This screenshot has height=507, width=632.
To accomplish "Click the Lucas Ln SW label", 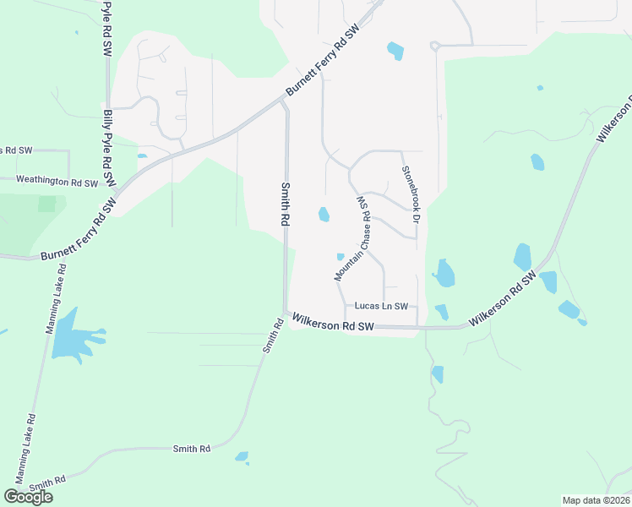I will (381, 306).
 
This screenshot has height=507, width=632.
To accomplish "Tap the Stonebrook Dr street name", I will (411, 194).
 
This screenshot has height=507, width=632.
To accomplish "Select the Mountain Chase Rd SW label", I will (354, 239).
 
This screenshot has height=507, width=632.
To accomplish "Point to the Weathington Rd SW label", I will (57, 182).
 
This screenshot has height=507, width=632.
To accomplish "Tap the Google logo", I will (28, 497).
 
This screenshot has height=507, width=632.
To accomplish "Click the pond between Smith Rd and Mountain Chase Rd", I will (324, 215).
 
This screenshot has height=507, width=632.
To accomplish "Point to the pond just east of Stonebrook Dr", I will (444, 273).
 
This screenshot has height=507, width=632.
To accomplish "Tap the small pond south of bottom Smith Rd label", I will (242, 457).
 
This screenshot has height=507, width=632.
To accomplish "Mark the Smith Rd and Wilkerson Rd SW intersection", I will (286, 314).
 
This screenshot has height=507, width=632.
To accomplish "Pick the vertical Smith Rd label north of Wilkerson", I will (286, 204).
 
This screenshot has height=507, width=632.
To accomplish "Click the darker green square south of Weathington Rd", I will (47, 204).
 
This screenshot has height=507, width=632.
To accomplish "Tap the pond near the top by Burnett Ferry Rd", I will (395, 51).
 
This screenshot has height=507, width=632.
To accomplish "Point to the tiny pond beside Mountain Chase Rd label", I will (341, 257).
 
